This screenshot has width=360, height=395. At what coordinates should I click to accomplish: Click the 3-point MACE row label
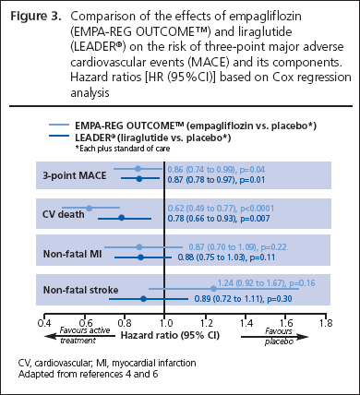coord(73,174)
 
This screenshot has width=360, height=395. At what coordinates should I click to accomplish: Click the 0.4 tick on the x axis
coord(42,325)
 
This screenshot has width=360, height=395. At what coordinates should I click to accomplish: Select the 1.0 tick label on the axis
coord(164,325)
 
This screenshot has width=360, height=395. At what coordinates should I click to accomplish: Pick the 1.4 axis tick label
coord(245,325)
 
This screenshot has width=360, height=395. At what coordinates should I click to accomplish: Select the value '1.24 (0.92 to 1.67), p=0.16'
coord(266,282)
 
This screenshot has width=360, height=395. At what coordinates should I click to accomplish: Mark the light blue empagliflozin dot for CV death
coord(89,209)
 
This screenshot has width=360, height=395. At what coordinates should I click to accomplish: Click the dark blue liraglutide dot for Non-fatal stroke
coord(142,298)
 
